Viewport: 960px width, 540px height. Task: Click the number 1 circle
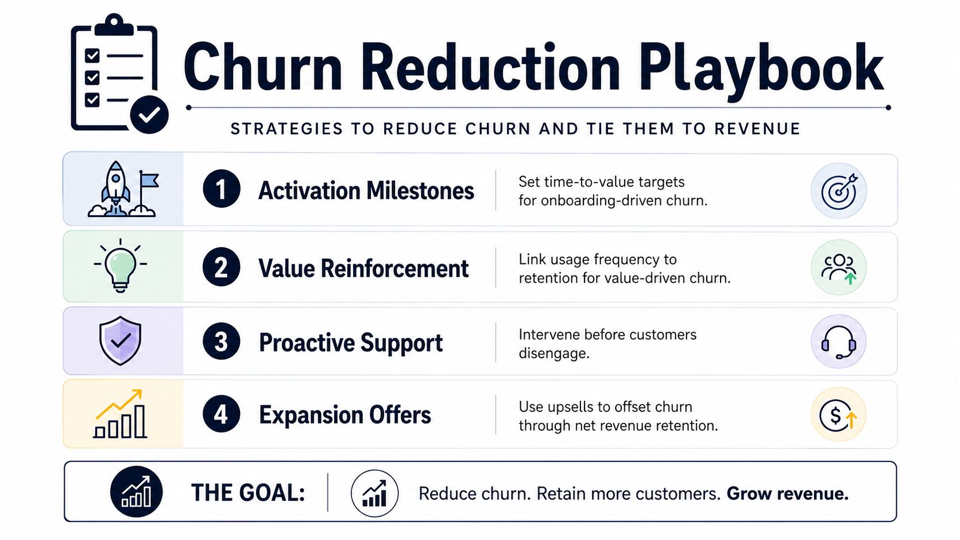pos(221,189)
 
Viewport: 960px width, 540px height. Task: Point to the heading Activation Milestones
pos(366,190)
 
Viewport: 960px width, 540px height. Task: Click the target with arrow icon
pos(839,191)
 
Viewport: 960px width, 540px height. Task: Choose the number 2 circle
pos(221,267)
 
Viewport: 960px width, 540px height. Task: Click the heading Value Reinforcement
pos(363,269)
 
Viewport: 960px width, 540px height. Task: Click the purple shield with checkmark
pos(121,340)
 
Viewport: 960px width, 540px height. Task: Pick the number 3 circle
pos(221,341)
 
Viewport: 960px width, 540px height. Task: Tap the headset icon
pos(839,341)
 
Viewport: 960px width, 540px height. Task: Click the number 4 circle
pos(221,414)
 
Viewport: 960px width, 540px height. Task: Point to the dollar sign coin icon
pos(838,414)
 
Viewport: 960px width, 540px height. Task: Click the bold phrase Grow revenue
pos(787,494)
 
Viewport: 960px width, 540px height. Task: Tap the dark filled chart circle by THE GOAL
pos(136,492)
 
